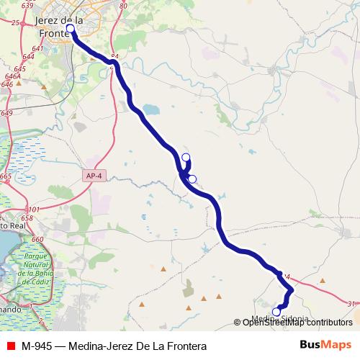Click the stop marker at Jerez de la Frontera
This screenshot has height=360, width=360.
pyautogui.click(x=71, y=30)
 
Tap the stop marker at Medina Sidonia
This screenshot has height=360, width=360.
pyautogui.click(x=276, y=312)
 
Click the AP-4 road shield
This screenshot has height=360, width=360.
pyautogui.click(x=93, y=176)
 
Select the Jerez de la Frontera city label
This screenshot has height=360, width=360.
pyautogui.click(x=59, y=27)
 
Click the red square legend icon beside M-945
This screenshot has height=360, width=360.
pyautogui.click(x=9, y=346)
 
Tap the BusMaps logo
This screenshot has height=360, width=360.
pyautogui.click(x=325, y=345)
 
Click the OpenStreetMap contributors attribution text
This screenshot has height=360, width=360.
pyautogui.click(x=297, y=323)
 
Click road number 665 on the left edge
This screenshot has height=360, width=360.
pyautogui.click(x=5, y=176)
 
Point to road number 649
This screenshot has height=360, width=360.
pyautogui.click(x=6, y=113)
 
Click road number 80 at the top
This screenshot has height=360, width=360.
pyautogui.click(x=122, y=6)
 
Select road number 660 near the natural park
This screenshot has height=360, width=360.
pyautogui.click(x=37, y=238)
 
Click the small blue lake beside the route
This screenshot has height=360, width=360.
pyautogui.click(x=150, y=109)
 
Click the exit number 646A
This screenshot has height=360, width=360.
pyautogui.click(x=12, y=76)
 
